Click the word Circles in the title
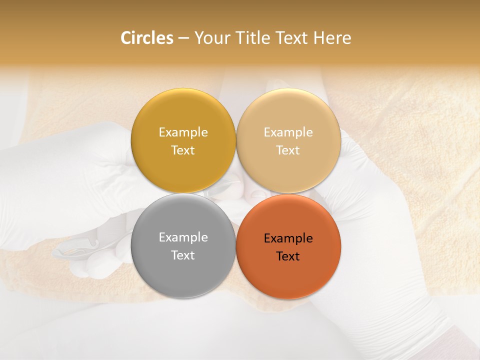(147, 38)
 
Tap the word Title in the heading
(254, 38)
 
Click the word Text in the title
(292, 38)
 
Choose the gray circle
(183, 270)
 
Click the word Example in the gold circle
(183, 132)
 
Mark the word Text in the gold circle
(183, 150)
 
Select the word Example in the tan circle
(288, 132)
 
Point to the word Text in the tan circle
(288, 150)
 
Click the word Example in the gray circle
(183, 237)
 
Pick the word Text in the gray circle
(183, 255)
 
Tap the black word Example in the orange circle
(288, 238)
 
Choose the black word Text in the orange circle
(288, 256)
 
